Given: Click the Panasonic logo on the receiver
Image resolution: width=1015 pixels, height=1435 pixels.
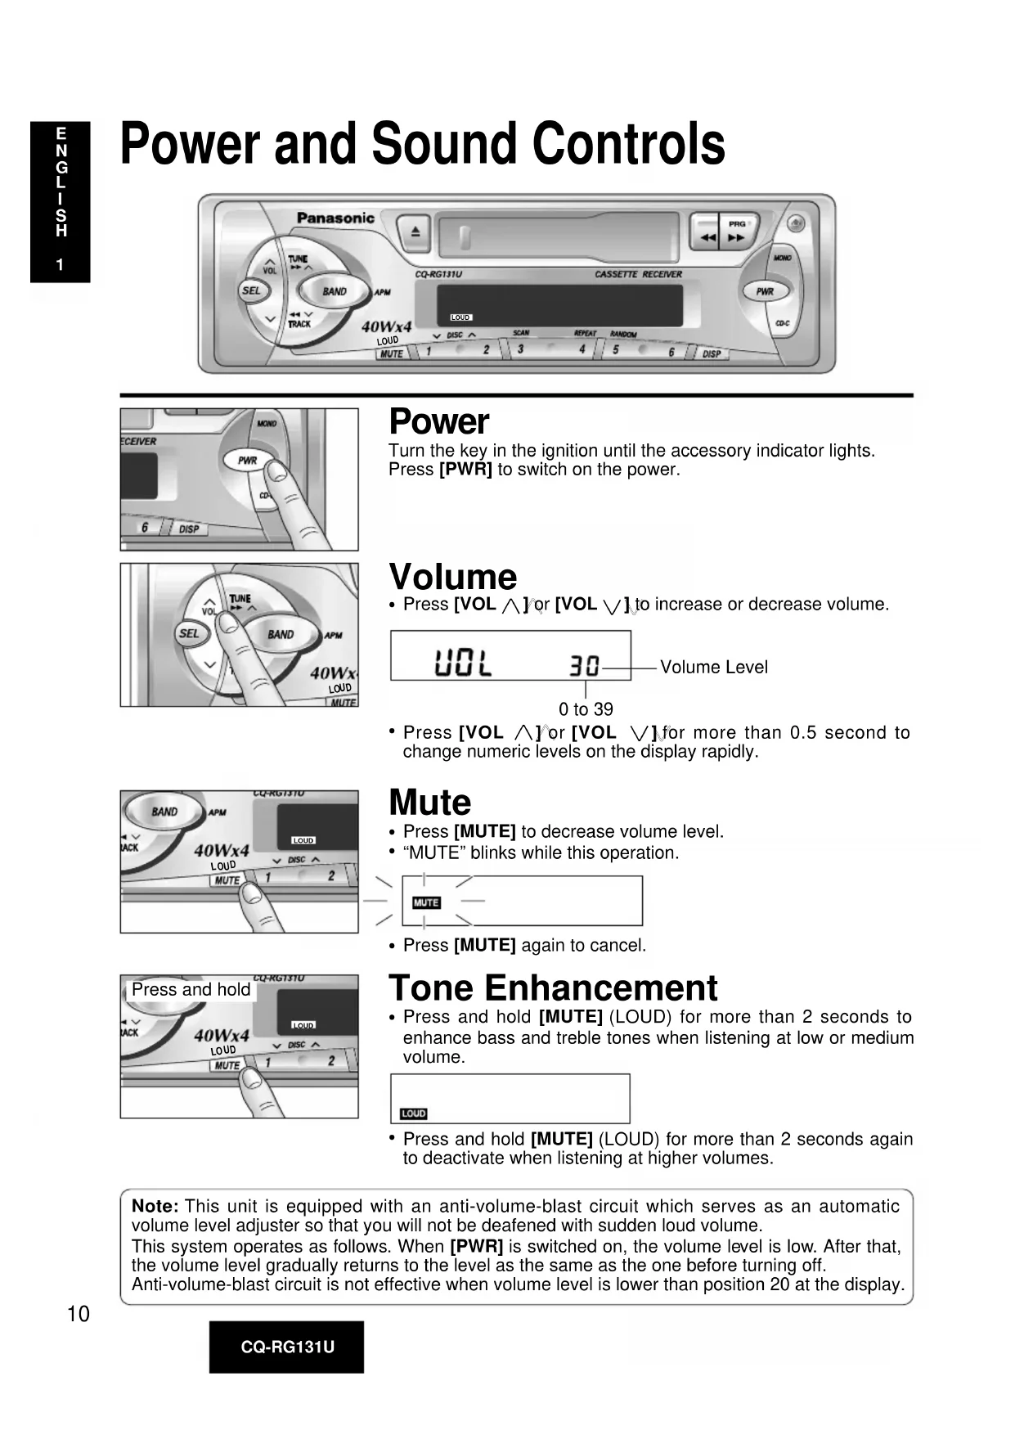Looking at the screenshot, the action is click(335, 218).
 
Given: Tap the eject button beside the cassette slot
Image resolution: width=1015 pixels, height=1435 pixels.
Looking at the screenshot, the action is click(415, 232).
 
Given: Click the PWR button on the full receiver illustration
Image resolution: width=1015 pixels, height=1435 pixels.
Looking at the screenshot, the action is click(765, 291).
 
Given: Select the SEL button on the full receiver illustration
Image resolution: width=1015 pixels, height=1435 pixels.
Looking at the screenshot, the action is click(252, 290).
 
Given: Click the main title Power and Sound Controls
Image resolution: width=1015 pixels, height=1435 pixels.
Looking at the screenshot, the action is click(422, 144).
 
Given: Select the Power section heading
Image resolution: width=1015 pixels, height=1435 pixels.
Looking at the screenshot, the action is click(438, 422).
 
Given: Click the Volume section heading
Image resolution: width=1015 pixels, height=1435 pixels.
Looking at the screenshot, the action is click(452, 577).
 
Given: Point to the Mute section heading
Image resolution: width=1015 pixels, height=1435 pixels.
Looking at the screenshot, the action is click(429, 803).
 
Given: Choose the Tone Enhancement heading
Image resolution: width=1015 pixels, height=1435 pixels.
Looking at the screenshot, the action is click(553, 988).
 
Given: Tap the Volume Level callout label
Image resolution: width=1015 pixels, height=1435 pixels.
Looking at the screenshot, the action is click(713, 668).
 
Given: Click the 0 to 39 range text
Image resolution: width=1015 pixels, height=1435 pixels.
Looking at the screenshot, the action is click(586, 709).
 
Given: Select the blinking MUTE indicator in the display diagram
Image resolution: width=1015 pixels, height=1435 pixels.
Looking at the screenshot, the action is click(426, 902).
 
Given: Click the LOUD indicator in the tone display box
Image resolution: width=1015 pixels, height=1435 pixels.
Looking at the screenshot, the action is click(414, 1113).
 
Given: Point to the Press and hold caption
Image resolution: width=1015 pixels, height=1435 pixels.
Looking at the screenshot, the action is click(191, 990).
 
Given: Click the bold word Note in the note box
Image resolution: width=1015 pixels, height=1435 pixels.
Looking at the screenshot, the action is click(155, 1206).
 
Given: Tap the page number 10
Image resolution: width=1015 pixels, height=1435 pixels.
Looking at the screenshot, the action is click(78, 1314).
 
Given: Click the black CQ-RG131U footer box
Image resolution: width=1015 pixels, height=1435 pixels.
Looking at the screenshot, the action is click(286, 1347).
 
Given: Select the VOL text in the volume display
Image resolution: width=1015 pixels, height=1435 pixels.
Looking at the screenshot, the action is click(463, 664).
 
